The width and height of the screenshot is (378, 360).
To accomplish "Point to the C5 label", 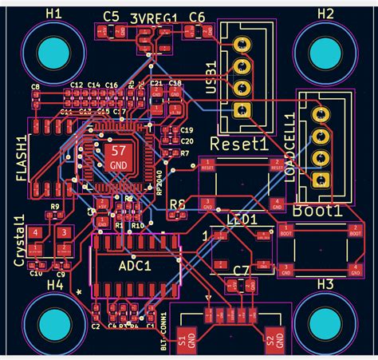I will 111,17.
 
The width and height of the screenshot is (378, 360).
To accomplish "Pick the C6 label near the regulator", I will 196,17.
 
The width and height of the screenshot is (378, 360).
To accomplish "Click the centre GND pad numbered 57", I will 117,156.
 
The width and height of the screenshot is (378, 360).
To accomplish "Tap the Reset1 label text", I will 238,144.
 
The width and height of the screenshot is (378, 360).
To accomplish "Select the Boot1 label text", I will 317,212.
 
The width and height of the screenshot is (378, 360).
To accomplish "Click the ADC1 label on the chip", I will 135,266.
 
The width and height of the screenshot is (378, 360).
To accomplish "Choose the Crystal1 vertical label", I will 19,235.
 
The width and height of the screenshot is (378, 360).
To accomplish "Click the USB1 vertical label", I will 211,77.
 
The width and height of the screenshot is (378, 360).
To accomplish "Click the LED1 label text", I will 242,220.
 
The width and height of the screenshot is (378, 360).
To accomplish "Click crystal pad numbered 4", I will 36,232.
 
